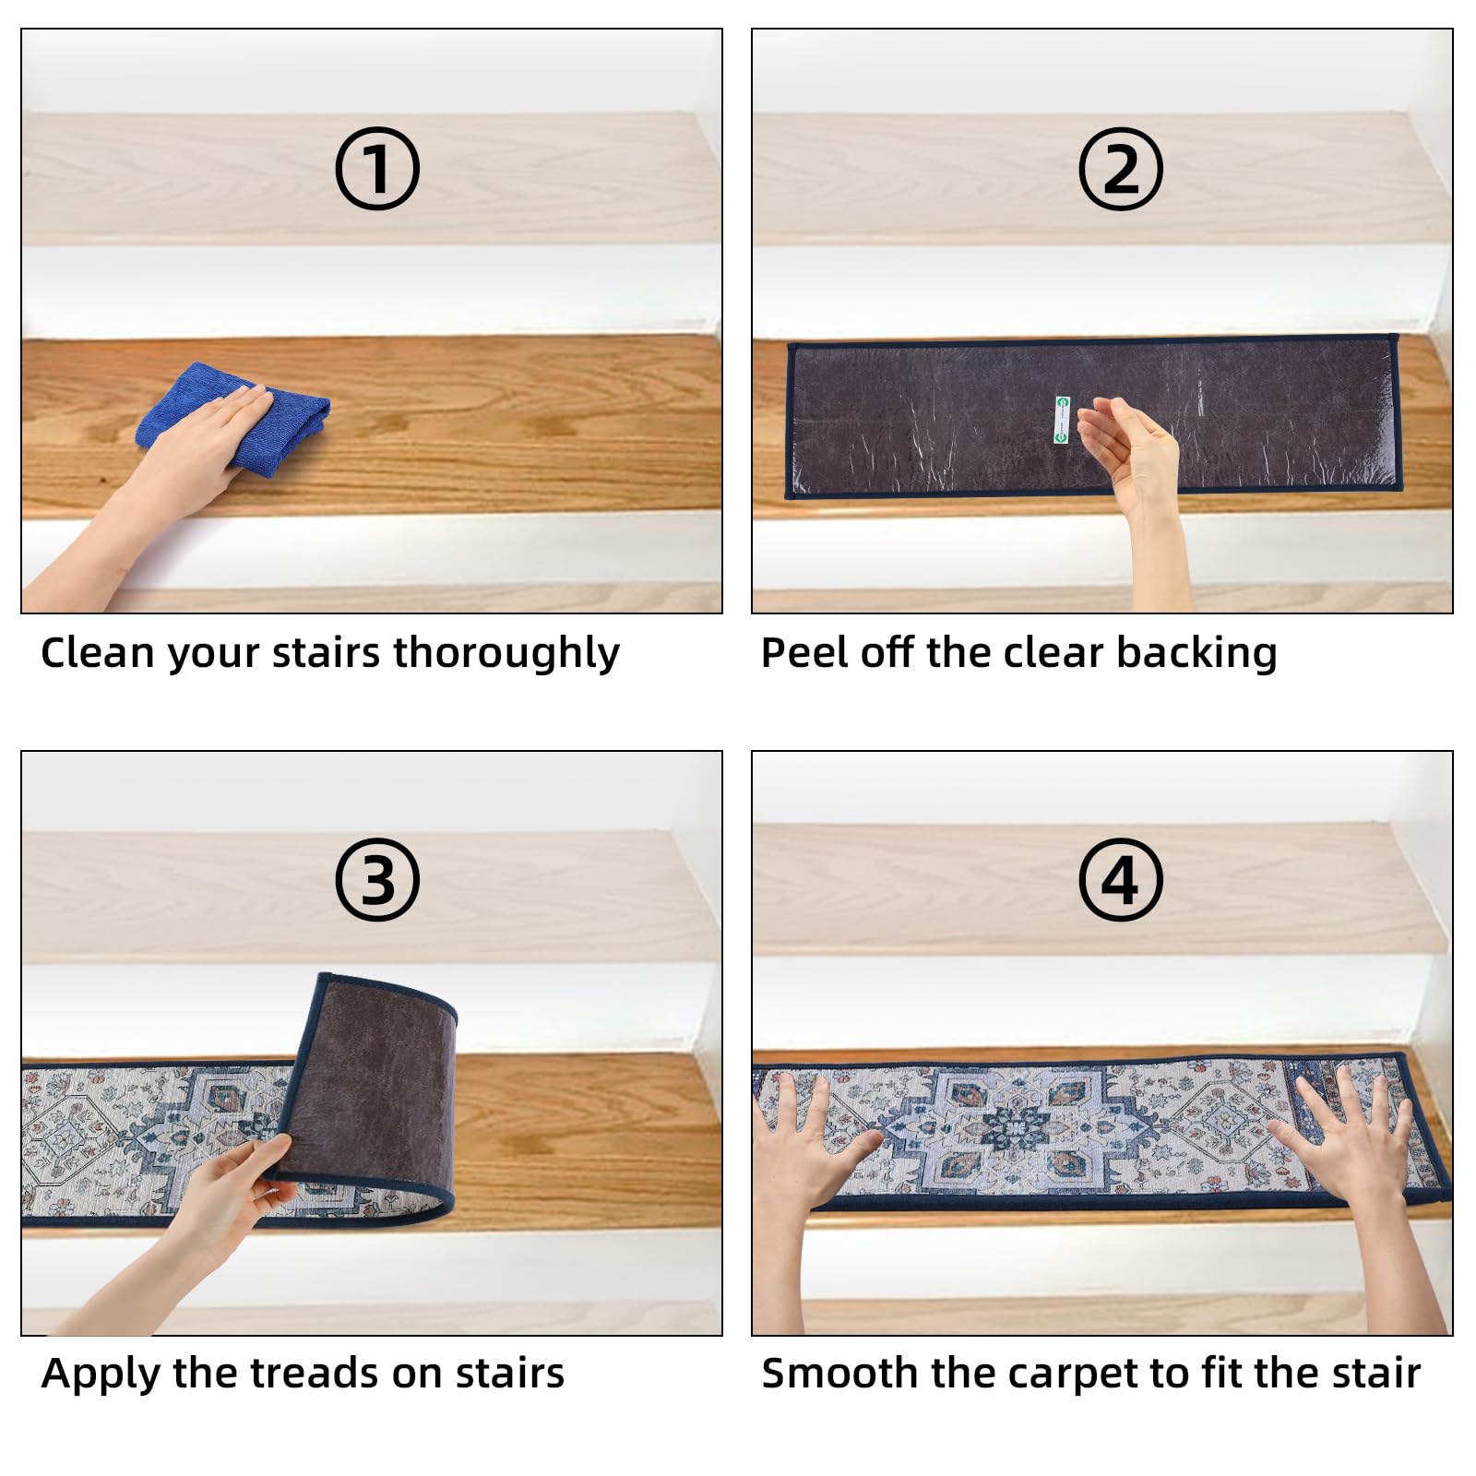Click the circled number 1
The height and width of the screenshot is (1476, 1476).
point(376,169)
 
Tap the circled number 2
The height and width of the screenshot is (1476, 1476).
point(1121,169)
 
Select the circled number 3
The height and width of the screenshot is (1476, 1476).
point(376,879)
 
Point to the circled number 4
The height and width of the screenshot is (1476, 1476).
point(1121,879)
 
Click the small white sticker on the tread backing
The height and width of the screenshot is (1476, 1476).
point(1061,420)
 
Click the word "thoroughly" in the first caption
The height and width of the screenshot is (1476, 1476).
point(506,654)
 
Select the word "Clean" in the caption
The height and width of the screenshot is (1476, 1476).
point(97,653)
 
